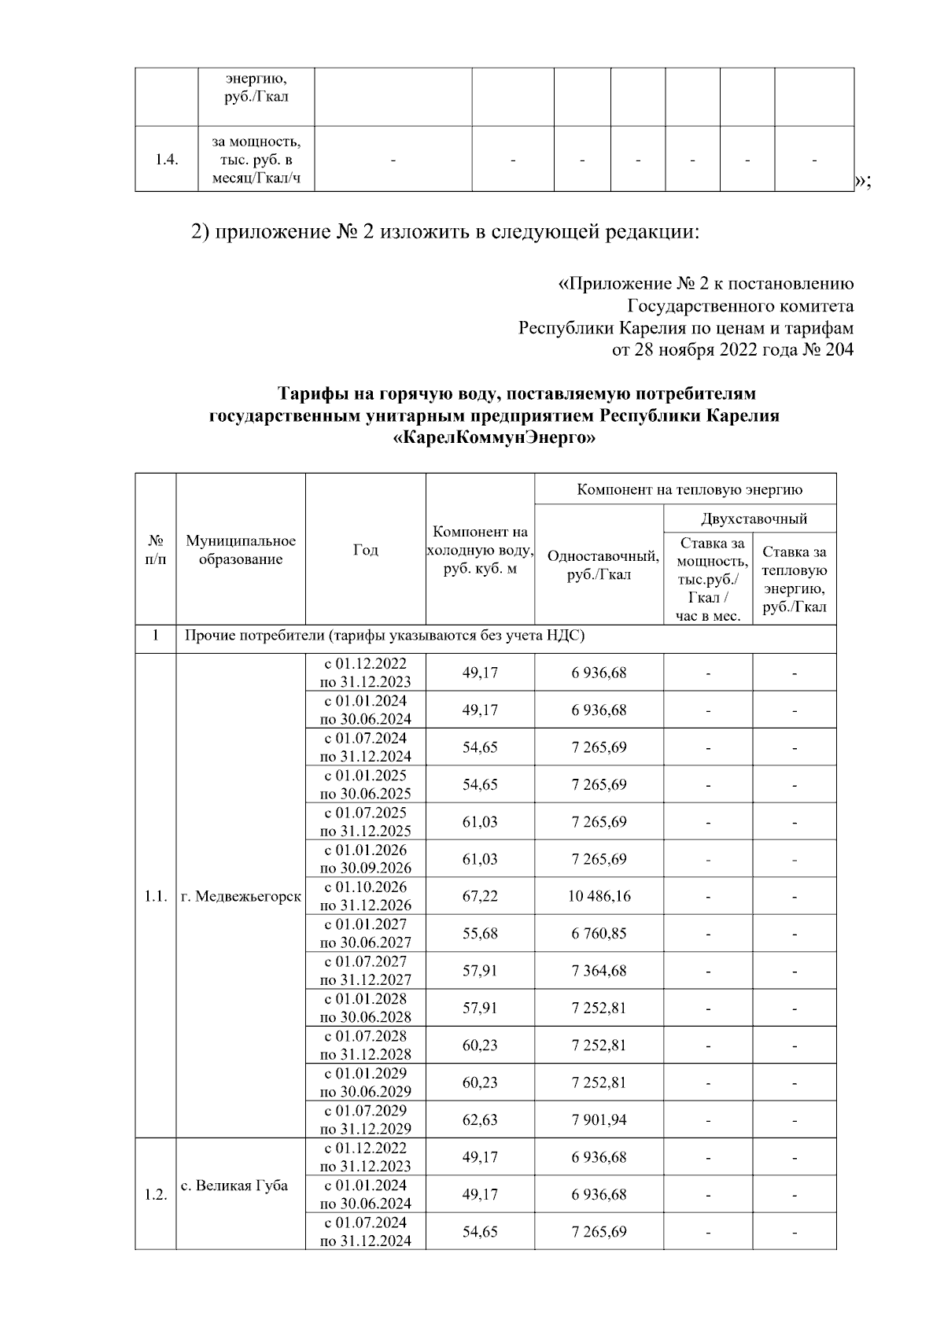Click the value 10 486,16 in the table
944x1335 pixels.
click(599, 896)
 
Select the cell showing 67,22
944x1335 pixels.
click(480, 896)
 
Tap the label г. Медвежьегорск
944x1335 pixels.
click(241, 896)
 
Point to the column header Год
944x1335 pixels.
click(365, 550)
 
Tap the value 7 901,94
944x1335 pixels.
click(599, 1119)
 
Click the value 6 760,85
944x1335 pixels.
click(599, 933)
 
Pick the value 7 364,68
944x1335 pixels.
click(599, 971)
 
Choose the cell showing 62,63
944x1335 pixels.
click(480, 1119)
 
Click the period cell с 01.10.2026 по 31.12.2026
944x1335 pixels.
click(365, 896)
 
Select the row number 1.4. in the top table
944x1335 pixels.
click(166, 160)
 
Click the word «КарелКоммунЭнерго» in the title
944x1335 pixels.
click(494, 439)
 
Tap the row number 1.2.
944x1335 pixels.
click(155, 1194)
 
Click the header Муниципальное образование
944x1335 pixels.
click(241, 550)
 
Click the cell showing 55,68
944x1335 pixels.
click(480, 933)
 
